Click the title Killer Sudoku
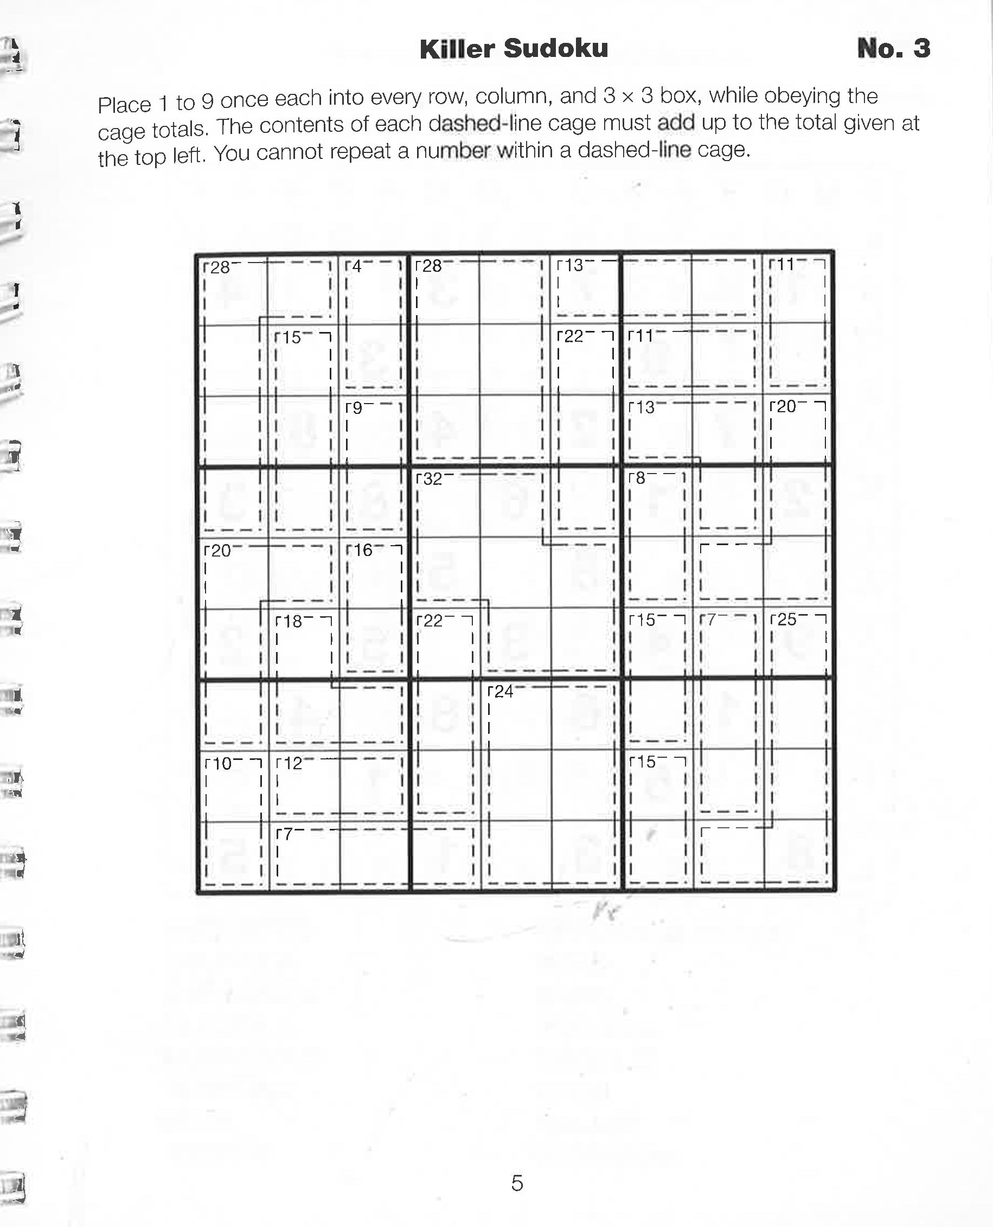513,49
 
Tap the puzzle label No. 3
893,49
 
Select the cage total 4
356,266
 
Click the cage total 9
356,408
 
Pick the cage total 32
432,479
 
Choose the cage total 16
363,550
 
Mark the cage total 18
292,621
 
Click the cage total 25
786,619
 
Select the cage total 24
503,692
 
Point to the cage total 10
221,764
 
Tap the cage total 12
292,763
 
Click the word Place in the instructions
125,105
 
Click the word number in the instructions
452,151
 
